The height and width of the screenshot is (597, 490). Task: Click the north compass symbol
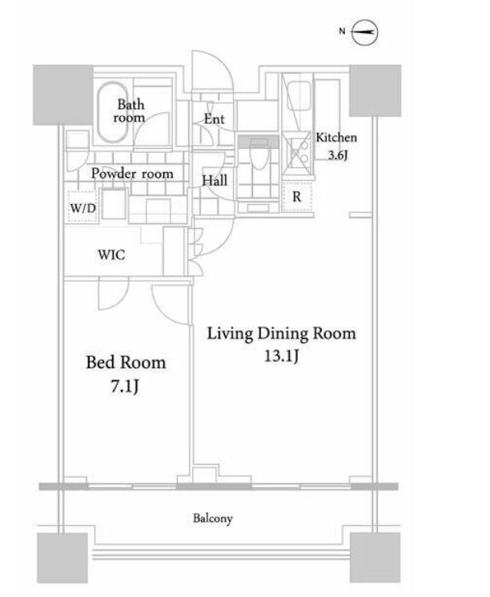coord(364,32)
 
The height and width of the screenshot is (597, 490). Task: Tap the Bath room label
coord(130,110)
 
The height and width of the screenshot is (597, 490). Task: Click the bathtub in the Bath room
coord(112,112)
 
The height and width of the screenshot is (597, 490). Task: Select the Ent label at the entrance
coord(214,119)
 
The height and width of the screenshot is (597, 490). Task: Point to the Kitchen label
coord(336,138)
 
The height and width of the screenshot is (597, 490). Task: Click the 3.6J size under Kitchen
coord(338,155)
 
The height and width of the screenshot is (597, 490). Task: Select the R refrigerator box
coord(297,197)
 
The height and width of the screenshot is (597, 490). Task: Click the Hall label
coord(215,181)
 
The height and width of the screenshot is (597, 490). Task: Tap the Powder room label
coord(132,174)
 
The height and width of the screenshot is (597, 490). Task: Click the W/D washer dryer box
coord(82,206)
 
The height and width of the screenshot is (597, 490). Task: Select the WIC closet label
coord(111,254)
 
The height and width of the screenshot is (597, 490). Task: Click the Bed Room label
coord(126,362)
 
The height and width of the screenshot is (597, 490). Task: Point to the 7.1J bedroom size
coord(125,387)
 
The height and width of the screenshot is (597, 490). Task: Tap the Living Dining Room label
coord(281,334)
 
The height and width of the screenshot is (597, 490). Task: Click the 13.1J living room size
coord(282,356)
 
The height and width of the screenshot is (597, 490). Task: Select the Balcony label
coord(213,519)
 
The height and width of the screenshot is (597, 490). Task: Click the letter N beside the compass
coord(342,31)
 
